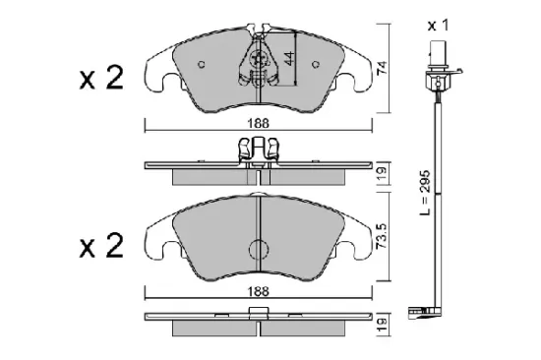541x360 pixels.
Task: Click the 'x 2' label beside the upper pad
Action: tap(100, 80)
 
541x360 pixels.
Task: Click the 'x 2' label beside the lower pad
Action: tap(100, 246)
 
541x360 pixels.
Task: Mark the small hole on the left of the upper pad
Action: tap(201, 67)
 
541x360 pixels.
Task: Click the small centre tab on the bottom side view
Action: tap(258, 314)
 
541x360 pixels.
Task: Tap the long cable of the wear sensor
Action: tap(435, 197)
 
